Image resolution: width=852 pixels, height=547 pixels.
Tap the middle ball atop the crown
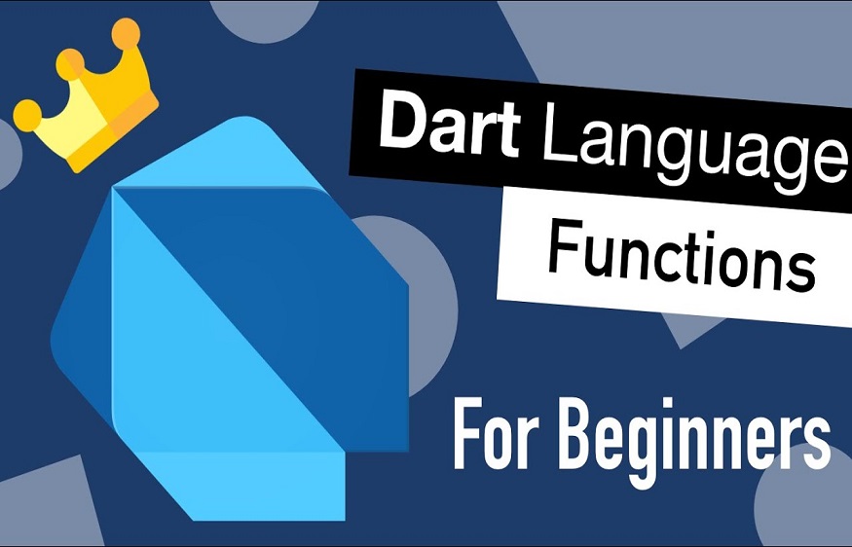point(70,65)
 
